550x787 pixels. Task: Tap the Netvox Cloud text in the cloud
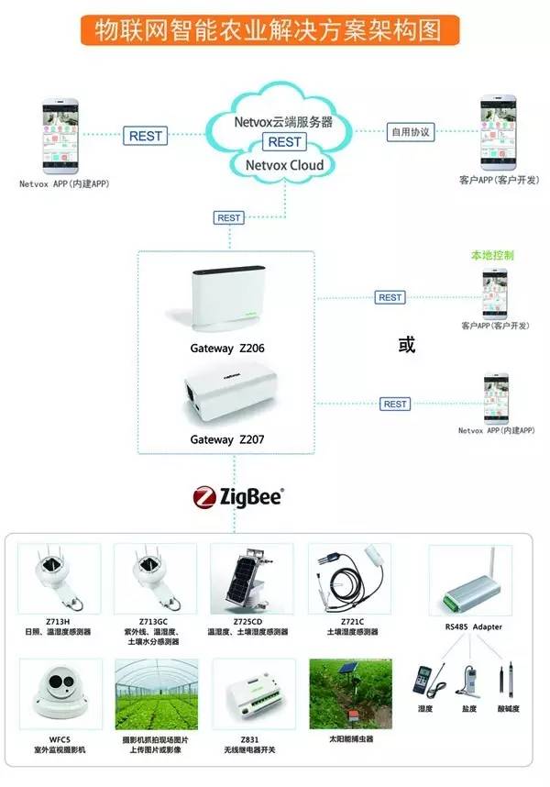(x=284, y=165)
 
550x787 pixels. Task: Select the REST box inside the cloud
(x=283, y=141)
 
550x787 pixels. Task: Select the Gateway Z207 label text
(x=227, y=440)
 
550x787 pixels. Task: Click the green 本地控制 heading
(x=492, y=256)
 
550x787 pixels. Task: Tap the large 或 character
(x=406, y=346)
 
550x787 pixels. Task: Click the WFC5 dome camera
(x=58, y=692)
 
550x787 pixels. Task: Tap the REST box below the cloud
(x=229, y=218)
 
